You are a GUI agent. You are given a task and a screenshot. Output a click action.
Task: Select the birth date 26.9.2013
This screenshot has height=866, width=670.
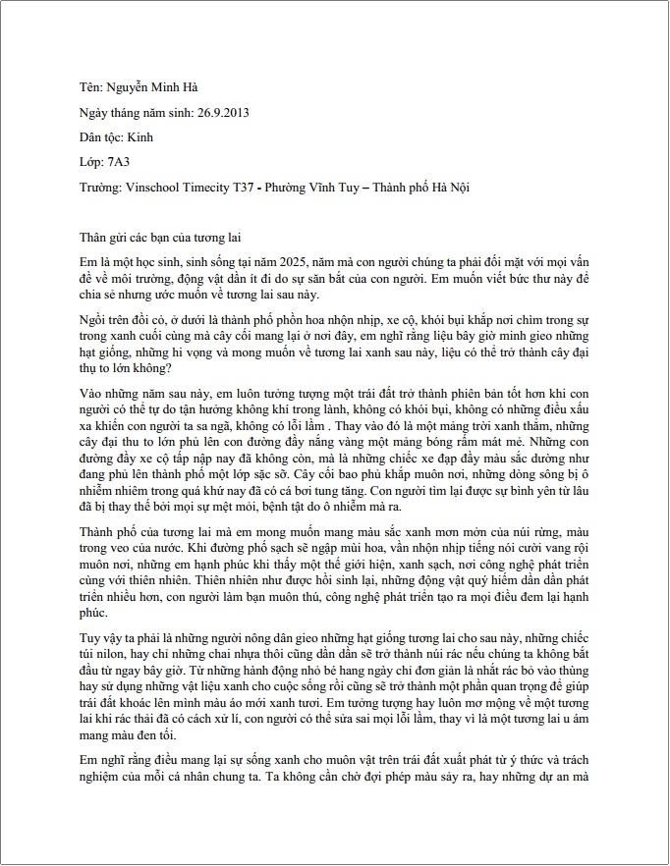pyautogui.click(x=220, y=112)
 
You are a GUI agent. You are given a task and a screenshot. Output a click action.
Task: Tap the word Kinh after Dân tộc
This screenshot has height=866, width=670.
pyautogui.click(x=140, y=136)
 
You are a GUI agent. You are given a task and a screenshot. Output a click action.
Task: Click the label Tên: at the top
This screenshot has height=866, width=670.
pyautogui.click(x=91, y=87)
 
